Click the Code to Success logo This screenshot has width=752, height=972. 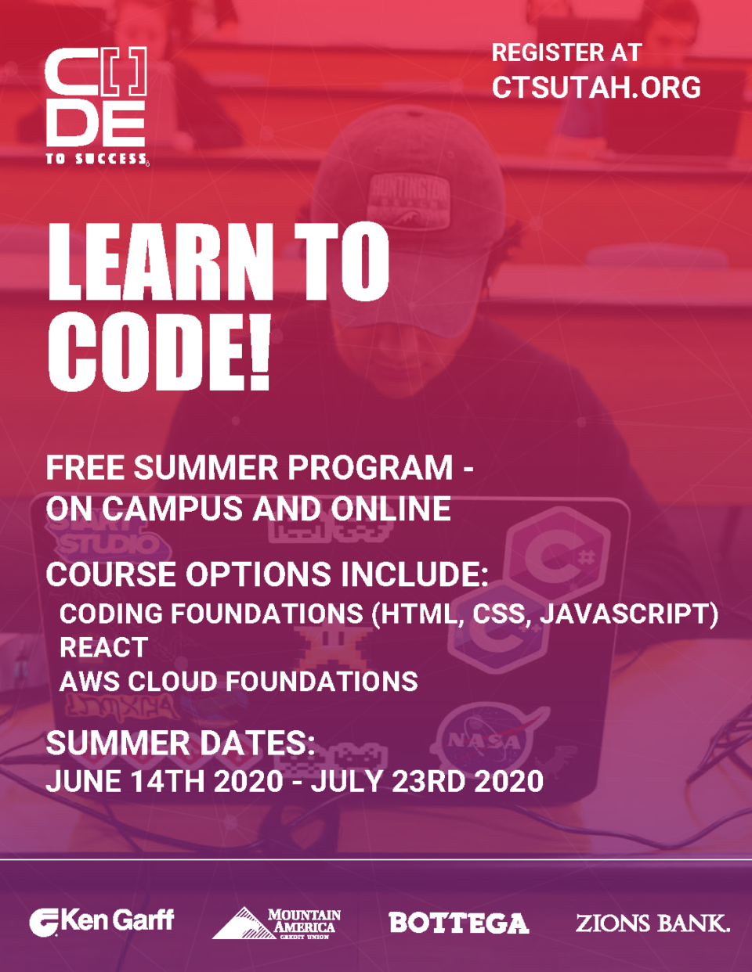coord(96,106)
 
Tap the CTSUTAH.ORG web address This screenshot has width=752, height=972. coord(596,88)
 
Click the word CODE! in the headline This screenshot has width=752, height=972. coord(159,353)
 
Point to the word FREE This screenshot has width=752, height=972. coord(85,468)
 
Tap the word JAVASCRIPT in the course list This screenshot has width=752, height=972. coord(624,614)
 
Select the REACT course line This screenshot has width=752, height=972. coord(103,648)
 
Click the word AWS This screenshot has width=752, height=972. coord(89,682)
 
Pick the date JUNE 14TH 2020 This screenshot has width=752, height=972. coord(164,781)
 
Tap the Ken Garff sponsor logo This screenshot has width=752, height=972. coord(102,921)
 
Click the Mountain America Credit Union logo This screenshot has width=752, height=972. coord(277,923)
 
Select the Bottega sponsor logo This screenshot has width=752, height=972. coord(458,923)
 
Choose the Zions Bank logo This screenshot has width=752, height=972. coord(653,923)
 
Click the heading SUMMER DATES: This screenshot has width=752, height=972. coord(180,743)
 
